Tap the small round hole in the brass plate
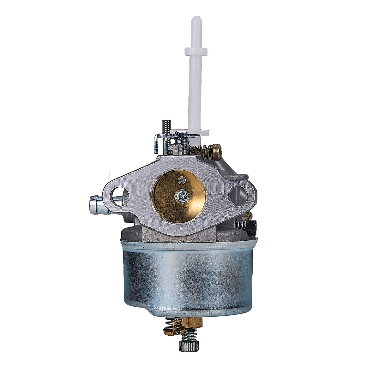181,180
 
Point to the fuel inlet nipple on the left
95,201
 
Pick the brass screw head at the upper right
217,148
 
